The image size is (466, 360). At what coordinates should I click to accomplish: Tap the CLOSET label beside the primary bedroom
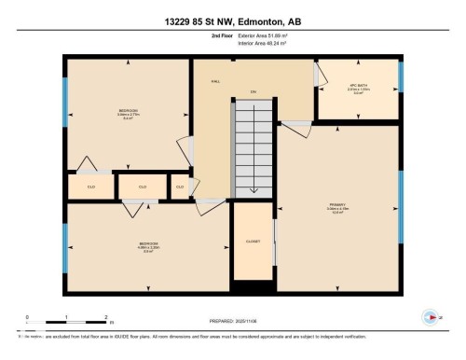(253, 241)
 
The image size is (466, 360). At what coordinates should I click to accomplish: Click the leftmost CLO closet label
(90, 187)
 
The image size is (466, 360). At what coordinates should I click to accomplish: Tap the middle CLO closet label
(142, 187)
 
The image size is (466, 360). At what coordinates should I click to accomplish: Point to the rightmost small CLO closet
(181, 187)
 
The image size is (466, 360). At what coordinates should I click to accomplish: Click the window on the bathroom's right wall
(402, 76)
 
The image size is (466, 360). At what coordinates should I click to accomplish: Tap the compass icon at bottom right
(430, 316)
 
